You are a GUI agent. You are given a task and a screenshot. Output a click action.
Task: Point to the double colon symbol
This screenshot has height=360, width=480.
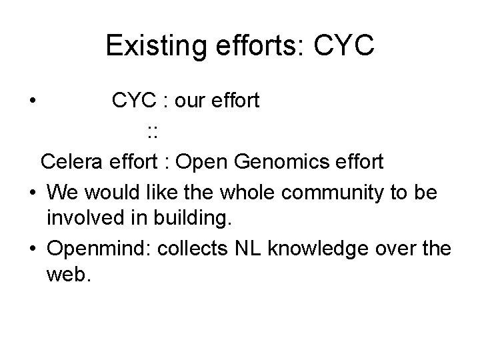(x=152, y=131)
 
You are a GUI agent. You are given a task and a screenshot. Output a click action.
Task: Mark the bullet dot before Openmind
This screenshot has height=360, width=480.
(x=33, y=249)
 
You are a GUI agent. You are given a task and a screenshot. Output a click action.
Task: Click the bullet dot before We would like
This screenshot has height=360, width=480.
(x=33, y=192)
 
